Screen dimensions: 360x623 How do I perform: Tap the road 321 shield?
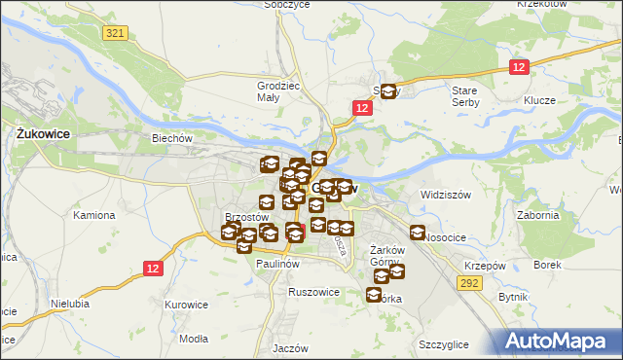tap(116, 32)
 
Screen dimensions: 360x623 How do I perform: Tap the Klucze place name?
tap(538, 100)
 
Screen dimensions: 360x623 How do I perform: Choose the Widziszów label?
tap(446, 195)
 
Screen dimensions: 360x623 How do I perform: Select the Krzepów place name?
tap(485, 267)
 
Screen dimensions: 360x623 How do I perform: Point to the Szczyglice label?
tap(444, 344)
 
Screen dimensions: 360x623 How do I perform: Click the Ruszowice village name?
tap(313, 291)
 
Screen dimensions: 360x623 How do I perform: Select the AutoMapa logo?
tap(559, 341)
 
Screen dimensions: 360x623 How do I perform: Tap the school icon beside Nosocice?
tap(418, 234)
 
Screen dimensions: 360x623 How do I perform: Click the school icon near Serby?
tap(388, 92)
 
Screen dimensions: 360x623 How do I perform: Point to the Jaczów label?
tap(291, 347)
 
